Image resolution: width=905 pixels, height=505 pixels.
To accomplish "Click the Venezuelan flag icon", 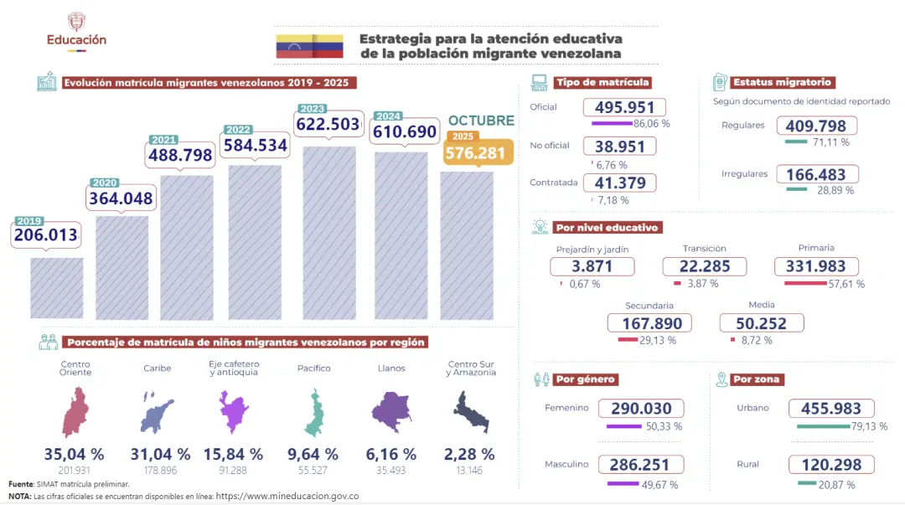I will [309, 46].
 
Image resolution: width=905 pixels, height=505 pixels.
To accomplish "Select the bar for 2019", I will [57, 288].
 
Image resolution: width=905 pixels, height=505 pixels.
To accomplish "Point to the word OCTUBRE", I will [481, 121].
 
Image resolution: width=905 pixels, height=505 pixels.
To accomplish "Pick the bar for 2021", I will [187, 247].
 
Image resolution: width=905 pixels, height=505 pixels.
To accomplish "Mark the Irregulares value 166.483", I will [817, 174].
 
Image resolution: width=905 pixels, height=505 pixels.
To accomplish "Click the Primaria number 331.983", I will [816, 266].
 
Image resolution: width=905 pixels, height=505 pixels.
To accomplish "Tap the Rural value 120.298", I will [831, 465].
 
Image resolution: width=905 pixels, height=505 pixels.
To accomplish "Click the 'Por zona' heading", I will [757, 379].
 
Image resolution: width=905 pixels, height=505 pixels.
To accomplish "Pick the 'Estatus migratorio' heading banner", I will [782, 82].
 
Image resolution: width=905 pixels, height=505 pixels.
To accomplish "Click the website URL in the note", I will [287, 496].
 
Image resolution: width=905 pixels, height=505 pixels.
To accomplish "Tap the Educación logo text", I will [76, 39].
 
